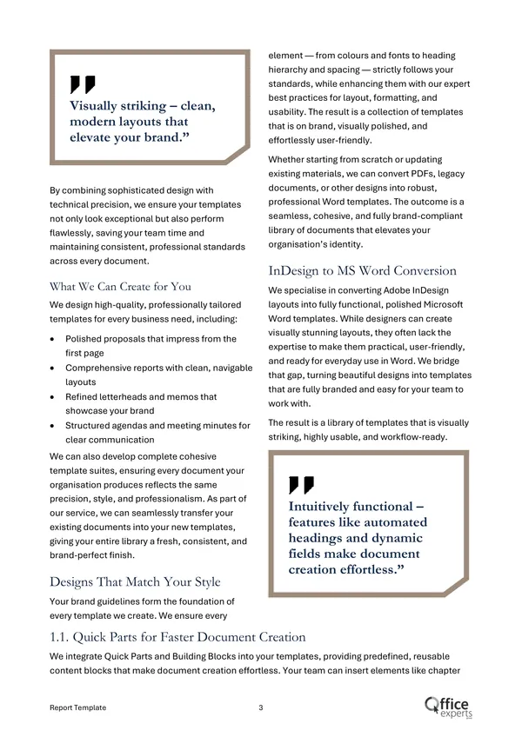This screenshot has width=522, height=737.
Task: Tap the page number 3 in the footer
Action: tap(261, 707)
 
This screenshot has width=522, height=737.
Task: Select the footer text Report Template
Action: tap(78, 707)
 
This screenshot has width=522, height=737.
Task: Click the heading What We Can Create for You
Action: tap(120, 286)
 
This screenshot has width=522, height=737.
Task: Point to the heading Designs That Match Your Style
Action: tap(135, 581)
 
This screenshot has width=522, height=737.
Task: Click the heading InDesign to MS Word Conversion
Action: tap(362, 270)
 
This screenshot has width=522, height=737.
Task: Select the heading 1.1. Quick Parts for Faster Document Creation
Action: tap(177, 637)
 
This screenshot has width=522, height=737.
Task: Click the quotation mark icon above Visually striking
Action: tap(83, 84)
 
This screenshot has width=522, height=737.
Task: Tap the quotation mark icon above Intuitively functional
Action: tap(301, 485)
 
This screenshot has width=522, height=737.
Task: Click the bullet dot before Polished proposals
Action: tap(56, 339)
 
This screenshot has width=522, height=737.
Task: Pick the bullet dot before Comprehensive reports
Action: tap(56, 368)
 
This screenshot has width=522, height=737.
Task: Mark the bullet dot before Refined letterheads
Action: tap(56, 397)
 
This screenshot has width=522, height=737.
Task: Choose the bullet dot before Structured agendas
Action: tap(56, 426)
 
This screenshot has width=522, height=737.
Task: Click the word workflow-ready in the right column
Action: tap(412, 437)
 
